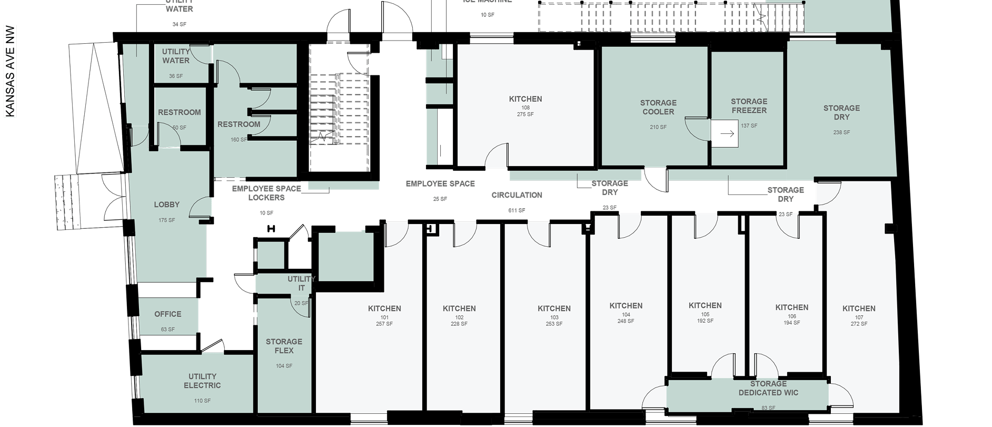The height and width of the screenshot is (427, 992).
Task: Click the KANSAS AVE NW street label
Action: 9,71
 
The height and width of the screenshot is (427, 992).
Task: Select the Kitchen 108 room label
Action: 525,99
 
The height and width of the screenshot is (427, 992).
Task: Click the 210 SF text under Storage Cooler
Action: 658,127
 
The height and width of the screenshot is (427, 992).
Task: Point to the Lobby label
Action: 167,205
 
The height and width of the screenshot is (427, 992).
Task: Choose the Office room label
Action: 167,314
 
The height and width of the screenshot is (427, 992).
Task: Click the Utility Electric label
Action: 202,381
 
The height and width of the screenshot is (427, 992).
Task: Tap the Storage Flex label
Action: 284,346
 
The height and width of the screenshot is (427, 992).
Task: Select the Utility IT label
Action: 301,284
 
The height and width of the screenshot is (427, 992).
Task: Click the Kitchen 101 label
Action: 384,309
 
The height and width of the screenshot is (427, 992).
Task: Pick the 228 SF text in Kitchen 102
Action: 459,324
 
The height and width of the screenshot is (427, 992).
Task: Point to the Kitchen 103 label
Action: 554,309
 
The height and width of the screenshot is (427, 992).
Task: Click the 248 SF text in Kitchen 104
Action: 626,321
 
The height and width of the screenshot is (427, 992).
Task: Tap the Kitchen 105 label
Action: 705,306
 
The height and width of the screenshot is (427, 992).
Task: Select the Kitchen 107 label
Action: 859,309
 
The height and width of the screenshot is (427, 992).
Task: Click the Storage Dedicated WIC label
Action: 768,388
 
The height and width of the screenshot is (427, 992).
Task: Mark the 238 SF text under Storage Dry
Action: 841,132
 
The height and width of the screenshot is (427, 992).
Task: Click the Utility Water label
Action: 176,56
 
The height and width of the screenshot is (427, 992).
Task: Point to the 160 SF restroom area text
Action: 239,140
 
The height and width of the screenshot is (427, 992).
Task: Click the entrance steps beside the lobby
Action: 67,202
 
